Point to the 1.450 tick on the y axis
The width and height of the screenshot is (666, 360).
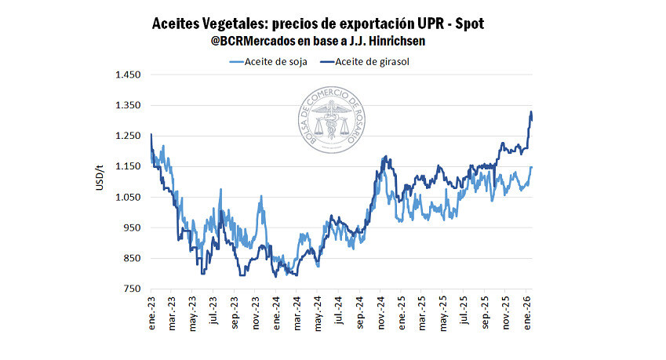tap(127, 75)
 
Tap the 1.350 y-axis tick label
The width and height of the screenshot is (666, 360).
tap(127, 106)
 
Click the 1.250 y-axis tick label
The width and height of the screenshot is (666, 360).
tap(127, 136)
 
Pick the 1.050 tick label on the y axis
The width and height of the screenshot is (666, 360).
tap(127, 198)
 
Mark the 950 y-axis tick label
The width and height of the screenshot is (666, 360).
tap(130, 228)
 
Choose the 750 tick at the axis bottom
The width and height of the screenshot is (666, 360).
tap(130, 289)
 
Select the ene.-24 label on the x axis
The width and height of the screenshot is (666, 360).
tap(276, 311)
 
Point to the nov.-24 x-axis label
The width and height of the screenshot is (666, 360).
tap(380, 311)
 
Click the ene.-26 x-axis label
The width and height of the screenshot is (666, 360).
tap(526, 311)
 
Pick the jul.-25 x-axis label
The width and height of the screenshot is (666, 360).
tap(464, 311)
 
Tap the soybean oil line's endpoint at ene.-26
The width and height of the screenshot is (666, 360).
tap(532, 166)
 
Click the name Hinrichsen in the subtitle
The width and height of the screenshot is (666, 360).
tap(406, 40)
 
